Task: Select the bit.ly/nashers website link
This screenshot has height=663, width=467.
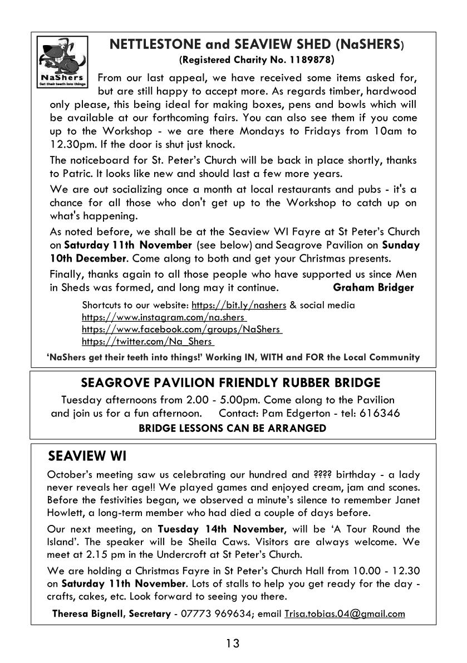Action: [x=239, y=305]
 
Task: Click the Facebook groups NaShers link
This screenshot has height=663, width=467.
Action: [x=181, y=330]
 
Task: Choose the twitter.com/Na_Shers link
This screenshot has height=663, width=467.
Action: [x=148, y=342]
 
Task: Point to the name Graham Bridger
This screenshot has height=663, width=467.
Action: [x=373, y=288]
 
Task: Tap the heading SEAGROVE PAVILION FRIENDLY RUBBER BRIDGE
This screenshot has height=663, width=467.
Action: [x=230, y=383]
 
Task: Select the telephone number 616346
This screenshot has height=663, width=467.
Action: [x=381, y=413]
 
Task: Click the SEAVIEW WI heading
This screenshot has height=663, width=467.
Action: [x=87, y=456]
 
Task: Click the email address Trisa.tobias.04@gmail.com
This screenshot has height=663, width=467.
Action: [x=345, y=614]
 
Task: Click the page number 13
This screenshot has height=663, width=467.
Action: [x=233, y=644]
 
